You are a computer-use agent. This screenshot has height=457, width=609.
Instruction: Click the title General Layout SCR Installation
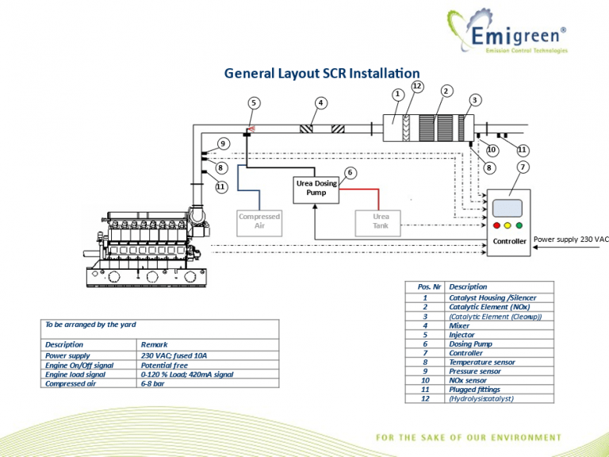pos(322,73)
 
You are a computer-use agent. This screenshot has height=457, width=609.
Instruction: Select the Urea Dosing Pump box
pos(316,188)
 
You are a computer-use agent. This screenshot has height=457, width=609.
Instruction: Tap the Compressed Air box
pos(259,221)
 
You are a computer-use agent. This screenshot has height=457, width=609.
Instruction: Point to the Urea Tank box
pos(381,221)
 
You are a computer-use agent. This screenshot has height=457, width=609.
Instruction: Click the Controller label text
pos(509,241)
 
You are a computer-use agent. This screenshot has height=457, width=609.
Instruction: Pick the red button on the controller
pos(496,225)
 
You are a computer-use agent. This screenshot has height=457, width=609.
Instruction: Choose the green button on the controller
pos(522,225)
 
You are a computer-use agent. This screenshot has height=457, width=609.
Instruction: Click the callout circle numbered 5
pos(254,102)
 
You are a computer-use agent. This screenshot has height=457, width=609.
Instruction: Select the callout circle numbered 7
pos(523,167)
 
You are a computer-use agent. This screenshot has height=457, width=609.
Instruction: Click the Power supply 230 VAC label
pos(571,239)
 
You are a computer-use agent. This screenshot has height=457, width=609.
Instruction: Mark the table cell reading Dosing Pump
pos(470,344)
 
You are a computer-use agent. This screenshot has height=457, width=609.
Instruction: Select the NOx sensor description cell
pos(468,380)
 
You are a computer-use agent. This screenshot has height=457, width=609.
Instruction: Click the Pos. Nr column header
pos(429,286)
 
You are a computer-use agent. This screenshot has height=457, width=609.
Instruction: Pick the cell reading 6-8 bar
pos(155,383)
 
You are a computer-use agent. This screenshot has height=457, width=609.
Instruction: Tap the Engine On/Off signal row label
pos(79,365)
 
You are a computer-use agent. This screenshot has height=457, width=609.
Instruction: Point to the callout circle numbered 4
pos(320,102)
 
